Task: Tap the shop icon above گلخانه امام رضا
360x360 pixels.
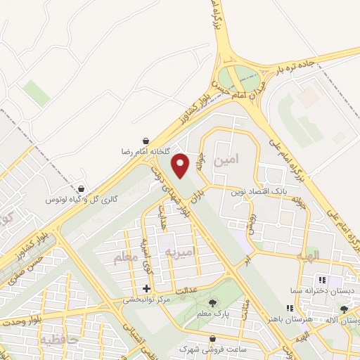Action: pos(145,141)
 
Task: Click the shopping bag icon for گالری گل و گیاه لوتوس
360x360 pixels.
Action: pos(82,189)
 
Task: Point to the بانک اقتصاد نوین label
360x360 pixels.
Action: pos(257,191)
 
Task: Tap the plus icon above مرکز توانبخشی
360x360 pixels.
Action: pos(146,288)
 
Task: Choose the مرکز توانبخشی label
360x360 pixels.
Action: pos(148,299)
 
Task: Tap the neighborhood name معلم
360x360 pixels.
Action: pos(127,259)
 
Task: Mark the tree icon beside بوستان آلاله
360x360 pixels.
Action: pos(344,309)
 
